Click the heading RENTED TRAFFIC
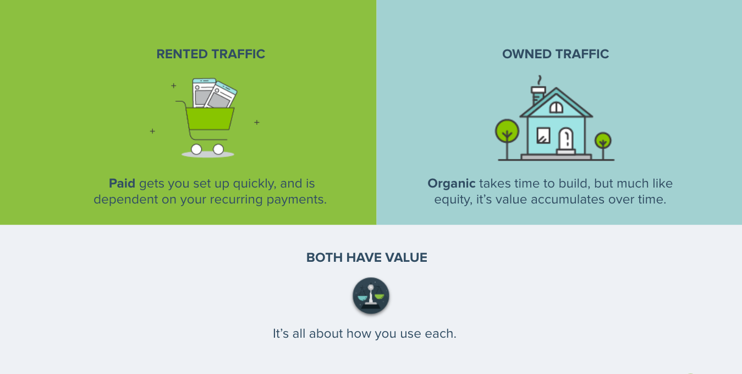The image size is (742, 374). pyautogui.click(x=211, y=54)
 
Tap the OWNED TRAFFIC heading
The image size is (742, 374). pyautogui.click(x=556, y=54)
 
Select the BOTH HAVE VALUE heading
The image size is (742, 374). pyautogui.click(x=366, y=257)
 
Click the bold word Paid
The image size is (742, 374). pyautogui.click(x=122, y=184)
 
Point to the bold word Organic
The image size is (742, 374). pyautogui.click(x=451, y=184)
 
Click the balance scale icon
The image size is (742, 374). pyautogui.click(x=371, y=296)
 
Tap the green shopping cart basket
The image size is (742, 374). pyautogui.click(x=210, y=118)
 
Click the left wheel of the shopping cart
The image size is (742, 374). pyautogui.click(x=196, y=149)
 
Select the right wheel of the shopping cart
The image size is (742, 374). pyautogui.click(x=218, y=149)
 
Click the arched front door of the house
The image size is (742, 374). pyautogui.click(x=566, y=140)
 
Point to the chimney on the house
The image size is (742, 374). pyautogui.click(x=538, y=95)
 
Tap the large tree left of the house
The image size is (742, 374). pyautogui.click(x=507, y=132)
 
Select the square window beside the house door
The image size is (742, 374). pyautogui.click(x=543, y=135)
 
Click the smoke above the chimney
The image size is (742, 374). pyautogui.click(x=540, y=80)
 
